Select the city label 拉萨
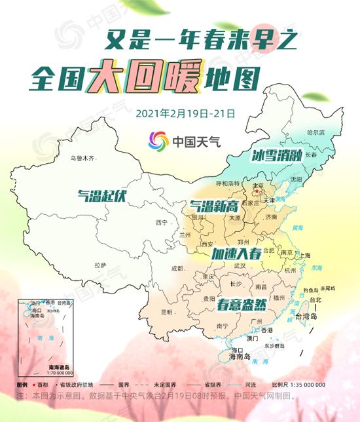click(99, 265)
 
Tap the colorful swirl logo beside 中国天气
click(158, 141)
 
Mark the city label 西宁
click(162, 223)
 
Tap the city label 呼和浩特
click(228, 183)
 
